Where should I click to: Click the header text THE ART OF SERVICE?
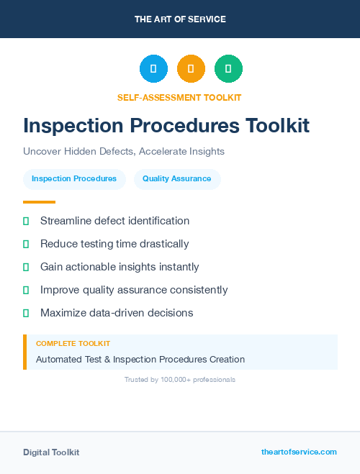tap(180, 19)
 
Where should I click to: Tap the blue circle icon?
tap(153, 68)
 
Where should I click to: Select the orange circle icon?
tap(191, 68)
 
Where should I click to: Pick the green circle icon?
tap(228, 68)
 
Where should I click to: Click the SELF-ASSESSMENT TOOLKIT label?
tap(179, 97)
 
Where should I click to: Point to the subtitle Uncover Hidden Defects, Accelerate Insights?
tap(124, 152)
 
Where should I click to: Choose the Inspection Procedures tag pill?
tap(74, 179)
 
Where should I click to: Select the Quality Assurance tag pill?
tap(177, 179)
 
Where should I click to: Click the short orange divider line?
tap(39, 202)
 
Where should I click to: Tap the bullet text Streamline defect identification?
tap(114, 221)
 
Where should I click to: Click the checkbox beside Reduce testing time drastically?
tap(26, 245)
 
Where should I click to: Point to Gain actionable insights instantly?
tap(120, 267)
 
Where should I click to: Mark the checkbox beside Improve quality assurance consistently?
tap(26, 291)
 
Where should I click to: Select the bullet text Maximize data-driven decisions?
tap(117, 313)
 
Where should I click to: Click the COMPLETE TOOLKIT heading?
tap(73, 344)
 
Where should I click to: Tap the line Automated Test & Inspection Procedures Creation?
tap(140, 359)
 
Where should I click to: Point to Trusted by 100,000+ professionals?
tap(180, 379)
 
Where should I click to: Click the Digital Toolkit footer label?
tap(51, 452)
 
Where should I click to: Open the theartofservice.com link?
tap(299, 452)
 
